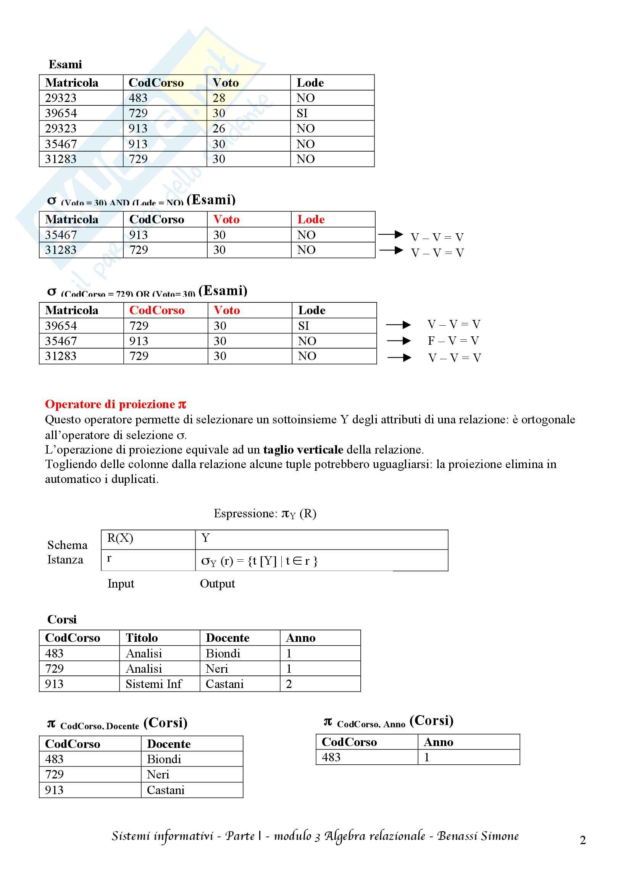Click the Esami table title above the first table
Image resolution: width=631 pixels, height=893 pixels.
tap(65, 64)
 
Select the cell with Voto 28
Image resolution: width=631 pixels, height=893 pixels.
tap(219, 98)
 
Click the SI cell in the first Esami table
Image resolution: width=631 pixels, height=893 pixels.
tap(302, 113)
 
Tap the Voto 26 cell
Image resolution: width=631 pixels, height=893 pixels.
tap(219, 128)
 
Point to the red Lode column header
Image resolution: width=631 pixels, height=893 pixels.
tap(311, 220)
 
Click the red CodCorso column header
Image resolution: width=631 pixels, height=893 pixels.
tap(157, 310)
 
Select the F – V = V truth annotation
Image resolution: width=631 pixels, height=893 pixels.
tap(453, 341)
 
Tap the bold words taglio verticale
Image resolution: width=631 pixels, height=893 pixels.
tap(303, 450)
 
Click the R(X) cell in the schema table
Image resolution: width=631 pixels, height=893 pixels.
tap(120, 538)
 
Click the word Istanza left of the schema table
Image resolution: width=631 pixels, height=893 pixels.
tap(65, 560)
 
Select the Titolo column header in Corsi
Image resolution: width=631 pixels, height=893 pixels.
tap(142, 638)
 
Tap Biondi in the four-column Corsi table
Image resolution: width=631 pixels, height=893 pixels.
tap(223, 653)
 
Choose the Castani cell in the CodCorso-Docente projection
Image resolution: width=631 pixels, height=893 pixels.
tap(166, 790)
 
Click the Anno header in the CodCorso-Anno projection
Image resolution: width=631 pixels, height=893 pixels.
tap(438, 742)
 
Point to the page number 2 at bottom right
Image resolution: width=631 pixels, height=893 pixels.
tap(583, 840)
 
